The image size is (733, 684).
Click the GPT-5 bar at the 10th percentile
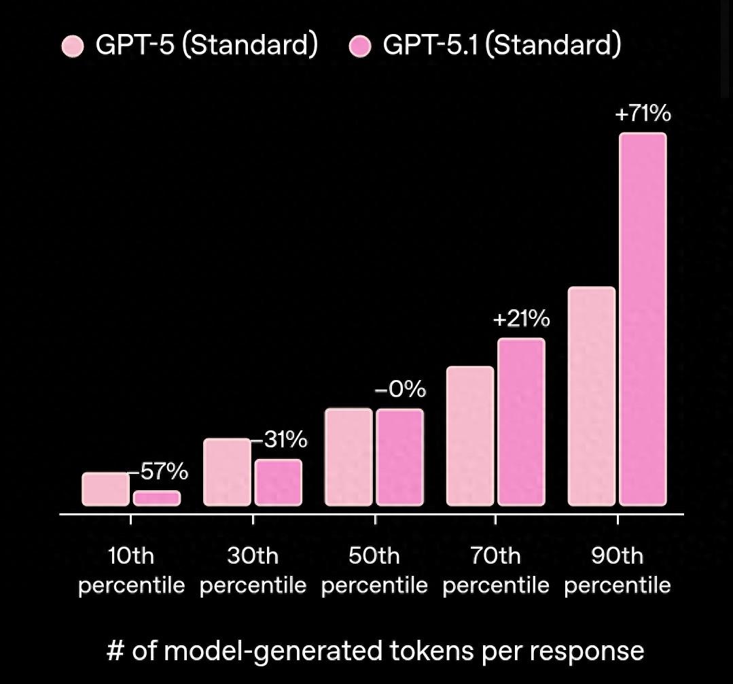(x=105, y=490)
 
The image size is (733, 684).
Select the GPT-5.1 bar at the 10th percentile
(x=157, y=498)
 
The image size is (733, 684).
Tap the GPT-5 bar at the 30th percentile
(x=227, y=473)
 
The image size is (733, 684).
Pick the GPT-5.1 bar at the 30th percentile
(x=279, y=483)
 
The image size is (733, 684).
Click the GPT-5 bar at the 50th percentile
(x=348, y=457)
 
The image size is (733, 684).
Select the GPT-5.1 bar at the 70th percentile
(x=521, y=422)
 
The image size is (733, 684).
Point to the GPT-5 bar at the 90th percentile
(x=591, y=396)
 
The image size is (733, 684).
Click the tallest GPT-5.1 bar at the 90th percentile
(x=643, y=320)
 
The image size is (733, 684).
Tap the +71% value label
(x=643, y=114)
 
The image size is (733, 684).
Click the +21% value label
(x=521, y=319)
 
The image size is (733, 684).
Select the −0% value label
(x=401, y=390)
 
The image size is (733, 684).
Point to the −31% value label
(x=280, y=440)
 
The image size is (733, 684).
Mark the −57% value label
(x=159, y=471)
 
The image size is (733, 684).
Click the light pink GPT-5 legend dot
(x=72, y=47)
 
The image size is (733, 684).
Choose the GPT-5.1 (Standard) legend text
(x=501, y=46)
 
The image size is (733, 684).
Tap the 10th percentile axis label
(x=131, y=570)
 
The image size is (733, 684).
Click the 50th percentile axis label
(x=374, y=570)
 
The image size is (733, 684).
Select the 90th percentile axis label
(x=617, y=570)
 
